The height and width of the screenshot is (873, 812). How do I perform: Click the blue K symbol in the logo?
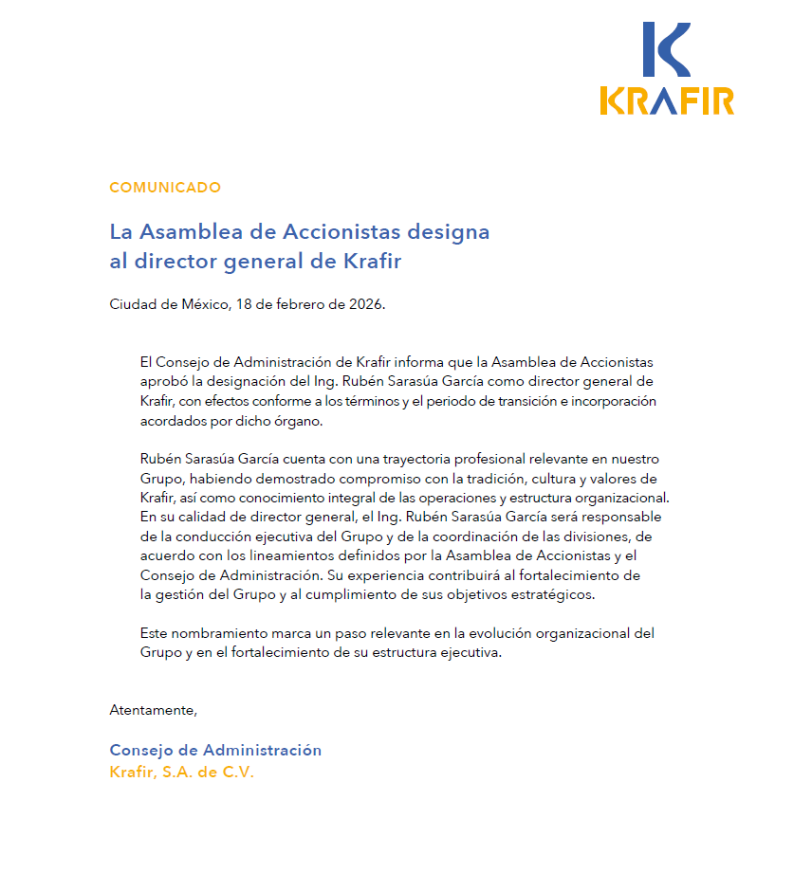pyautogui.click(x=665, y=49)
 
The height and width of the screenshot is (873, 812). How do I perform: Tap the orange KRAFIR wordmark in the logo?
pyautogui.click(x=667, y=100)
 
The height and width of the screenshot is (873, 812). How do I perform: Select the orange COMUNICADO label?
pyautogui.click(x=165, y=188)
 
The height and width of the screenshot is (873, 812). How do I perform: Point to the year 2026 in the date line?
pyautogui.click(x=366, y=304)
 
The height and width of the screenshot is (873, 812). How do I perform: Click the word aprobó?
pyautogui.click(x=165, y=382)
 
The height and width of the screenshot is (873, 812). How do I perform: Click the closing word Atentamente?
pyautogui.click(x=154, y=710)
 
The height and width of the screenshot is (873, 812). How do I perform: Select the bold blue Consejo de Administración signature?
pyautogui.click(x=215, y=751)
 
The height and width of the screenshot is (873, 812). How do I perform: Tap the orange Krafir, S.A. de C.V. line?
pyautogui.click(x=182, y=772)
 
